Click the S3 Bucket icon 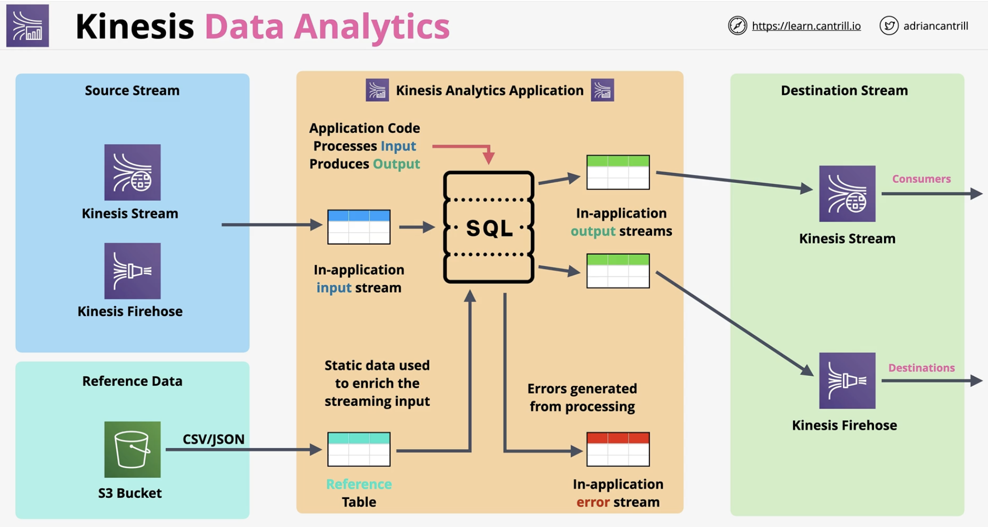pyautogui.click(x=132, y=449)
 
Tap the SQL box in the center pyautogui.click(x=488, y=227)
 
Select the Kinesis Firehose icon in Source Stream pyautogui.click(x=132, y=271)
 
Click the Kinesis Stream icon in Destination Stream pyautogui.click(x=847, y=193)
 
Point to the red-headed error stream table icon pyautogui.click(x=618, y=449)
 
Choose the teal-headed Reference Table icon pyautogui.click(x=359, y=449)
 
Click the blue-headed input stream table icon pyautogui.click(x=359, y=227)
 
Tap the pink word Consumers pyautogui.click(x=921, y=179)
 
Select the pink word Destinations pyautogui.click(x=921, y=368)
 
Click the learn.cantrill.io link pyautogui.click(x=806, y=26)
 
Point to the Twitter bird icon pyautogui.click(x=889, y=25)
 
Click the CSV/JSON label pyautogui.click(x=213, y=439)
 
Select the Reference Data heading pyautogui.click(x=132, y=381)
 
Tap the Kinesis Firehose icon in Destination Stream pyautogui.click(x=847, y=380)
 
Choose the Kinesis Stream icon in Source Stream pyautogui.click(x=132, y=172)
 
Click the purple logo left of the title pyautogui.click(x=27, y=25)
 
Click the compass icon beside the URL pyautogui.click(x=737, y=25)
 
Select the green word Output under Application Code pyautogui.click(x=396, y=164)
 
